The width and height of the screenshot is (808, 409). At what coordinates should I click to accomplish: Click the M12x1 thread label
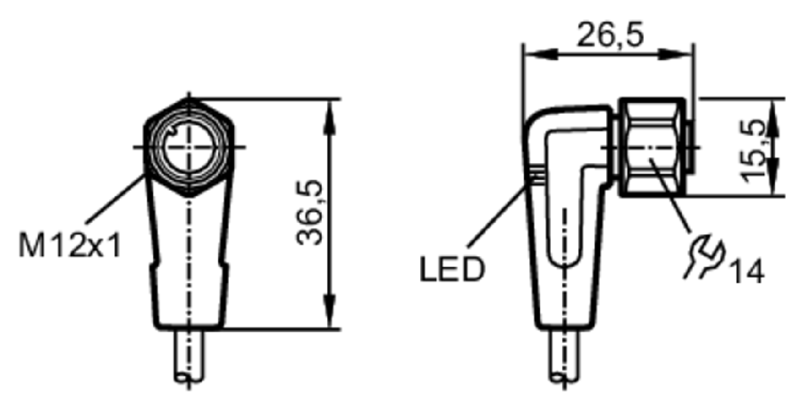(x=70, y=245)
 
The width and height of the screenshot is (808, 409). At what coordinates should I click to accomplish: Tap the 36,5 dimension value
(x=309, y=213)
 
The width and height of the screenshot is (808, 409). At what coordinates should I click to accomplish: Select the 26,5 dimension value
(x=610, y=35)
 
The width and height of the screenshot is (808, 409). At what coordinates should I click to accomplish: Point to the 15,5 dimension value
(x=752, y=152)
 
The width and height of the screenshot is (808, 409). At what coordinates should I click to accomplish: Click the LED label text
(x=452, y=270)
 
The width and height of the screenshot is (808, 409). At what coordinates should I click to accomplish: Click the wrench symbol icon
(x=704, y=255)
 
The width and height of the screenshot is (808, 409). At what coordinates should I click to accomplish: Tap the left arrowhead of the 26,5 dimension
(x=541, y=55)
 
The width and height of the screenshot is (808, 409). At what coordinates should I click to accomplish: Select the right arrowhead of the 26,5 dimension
(x=675, y=55)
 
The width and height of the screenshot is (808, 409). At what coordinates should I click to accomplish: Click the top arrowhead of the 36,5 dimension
(x=330, y=118)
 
